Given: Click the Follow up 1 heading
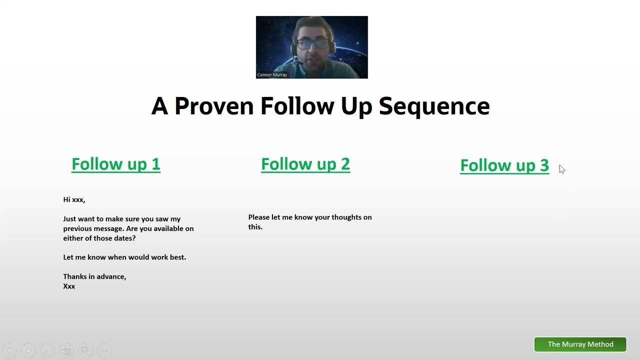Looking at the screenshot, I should (115, 164).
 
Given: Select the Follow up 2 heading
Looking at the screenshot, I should (305, 164).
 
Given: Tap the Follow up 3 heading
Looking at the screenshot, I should (504, 165).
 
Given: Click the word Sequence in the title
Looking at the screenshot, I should (434, 106).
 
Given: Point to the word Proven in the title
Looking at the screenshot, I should (214, 106).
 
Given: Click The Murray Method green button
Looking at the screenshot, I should (580, 344).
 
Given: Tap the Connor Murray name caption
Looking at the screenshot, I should (272, 75).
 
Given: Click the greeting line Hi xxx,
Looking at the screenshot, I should (74, 199).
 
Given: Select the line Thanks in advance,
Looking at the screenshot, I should (94, 276).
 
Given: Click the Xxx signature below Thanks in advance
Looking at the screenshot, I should (69, 286).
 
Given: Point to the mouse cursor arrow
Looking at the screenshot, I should (561, 169).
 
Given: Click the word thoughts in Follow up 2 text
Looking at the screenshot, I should (345, 217).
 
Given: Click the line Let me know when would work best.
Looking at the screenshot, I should (124, 257).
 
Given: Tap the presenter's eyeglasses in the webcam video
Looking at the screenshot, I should (311, 43).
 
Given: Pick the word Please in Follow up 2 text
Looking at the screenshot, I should (258, 217).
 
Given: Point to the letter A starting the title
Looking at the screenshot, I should (159, 106).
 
